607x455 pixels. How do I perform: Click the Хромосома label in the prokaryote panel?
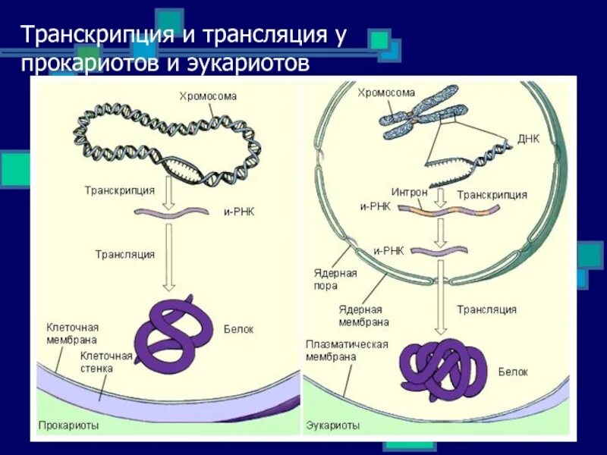pos(208,96)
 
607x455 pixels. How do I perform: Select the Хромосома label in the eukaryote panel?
pos(387,93)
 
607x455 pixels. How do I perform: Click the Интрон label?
pos(409,193)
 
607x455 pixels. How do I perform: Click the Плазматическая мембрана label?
pos(347,350)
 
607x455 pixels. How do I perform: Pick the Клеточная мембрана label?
pos(72,334)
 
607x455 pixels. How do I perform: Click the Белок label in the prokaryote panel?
pos(238,329)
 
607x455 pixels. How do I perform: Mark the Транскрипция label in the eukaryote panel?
pos(492,195)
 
